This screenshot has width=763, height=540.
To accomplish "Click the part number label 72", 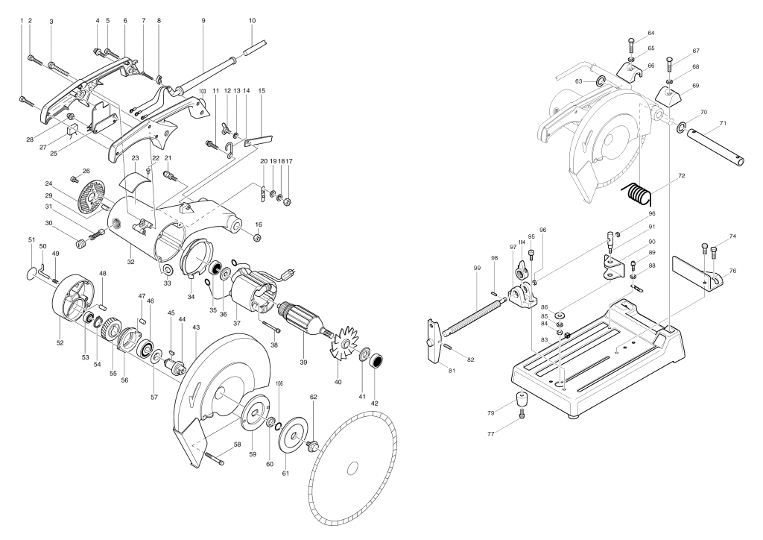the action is point(681,176).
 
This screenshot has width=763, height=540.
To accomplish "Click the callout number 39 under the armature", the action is point(303,362).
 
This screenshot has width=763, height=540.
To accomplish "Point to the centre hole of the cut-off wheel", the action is point(352,468).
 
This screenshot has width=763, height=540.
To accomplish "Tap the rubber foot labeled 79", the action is point(522,399).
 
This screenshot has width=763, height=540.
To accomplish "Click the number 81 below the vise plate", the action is point(452,371).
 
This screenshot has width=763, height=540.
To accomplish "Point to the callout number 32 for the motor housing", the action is point(130,262).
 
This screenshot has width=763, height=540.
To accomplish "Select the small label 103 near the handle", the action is point(203,91).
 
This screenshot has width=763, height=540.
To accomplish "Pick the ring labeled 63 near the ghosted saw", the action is point(601,81).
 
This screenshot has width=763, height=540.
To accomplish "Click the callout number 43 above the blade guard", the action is point(196,327).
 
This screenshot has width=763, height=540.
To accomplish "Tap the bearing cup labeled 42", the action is point(376,362).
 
